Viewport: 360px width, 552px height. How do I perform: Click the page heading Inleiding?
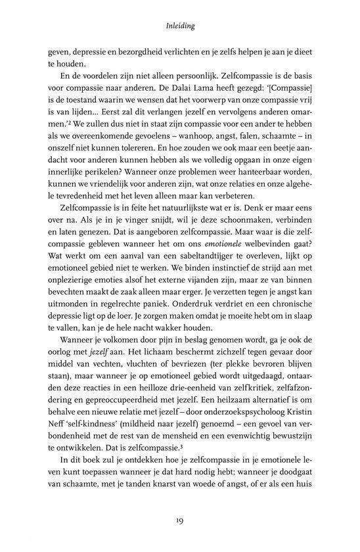tap(180, 28)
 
